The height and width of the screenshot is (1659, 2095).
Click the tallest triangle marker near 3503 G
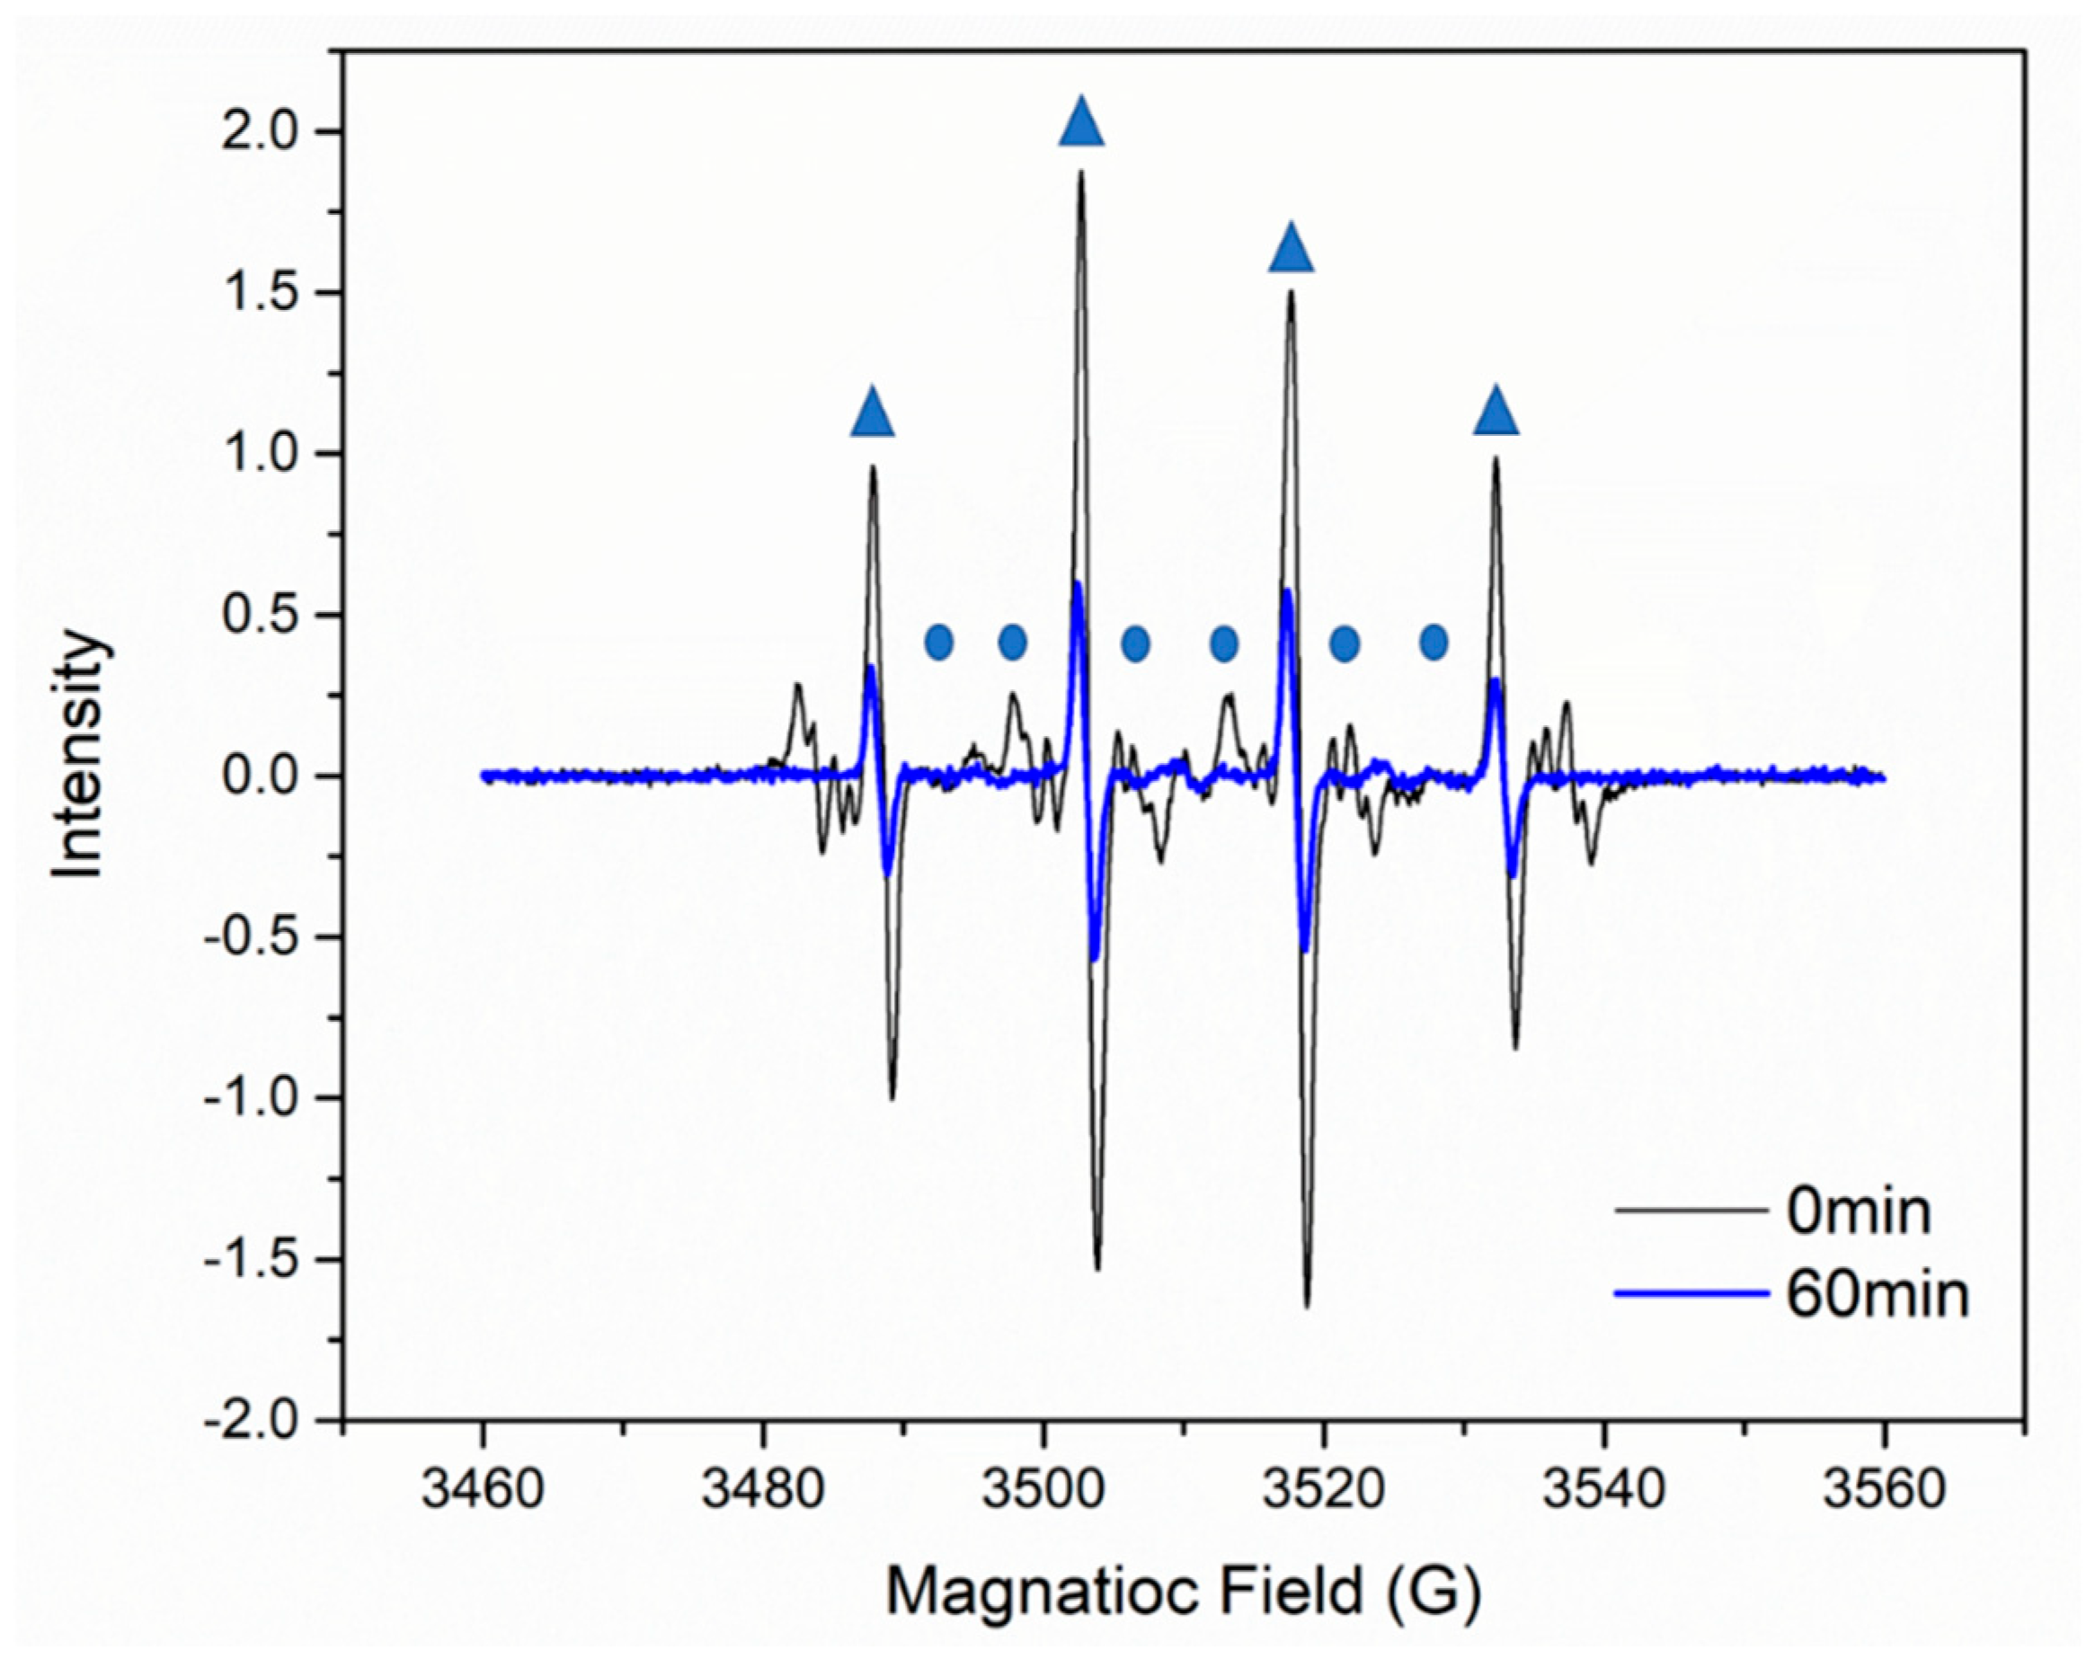tap(1081, 124)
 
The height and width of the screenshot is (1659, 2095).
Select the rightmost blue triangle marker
tap(1496, 411)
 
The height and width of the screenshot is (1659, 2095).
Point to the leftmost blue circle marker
tap(938, 642)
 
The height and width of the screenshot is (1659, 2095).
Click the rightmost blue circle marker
tap(1434, 642)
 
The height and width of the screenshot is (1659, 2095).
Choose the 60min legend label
tap(1878, 1295)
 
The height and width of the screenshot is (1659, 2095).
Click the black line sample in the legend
tap(1689, 1211)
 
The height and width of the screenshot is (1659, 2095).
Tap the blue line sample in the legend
tap(1689, 1294)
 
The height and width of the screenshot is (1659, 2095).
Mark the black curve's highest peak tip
tap(1080, 173)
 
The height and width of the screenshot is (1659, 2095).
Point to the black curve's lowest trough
tap(1308, 1307)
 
